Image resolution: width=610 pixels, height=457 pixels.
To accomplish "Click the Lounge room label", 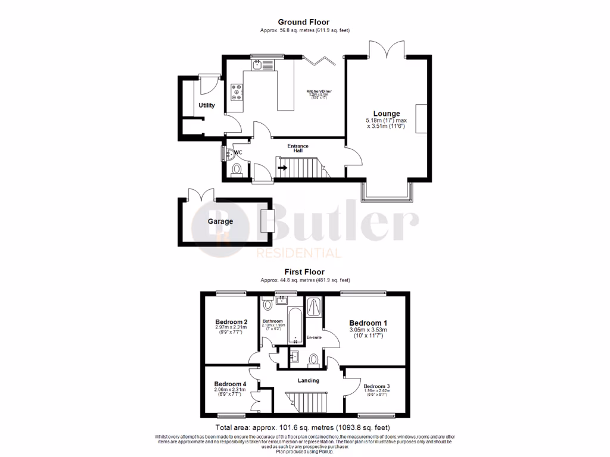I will [387, 114].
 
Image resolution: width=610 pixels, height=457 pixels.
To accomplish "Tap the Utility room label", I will [207, 105].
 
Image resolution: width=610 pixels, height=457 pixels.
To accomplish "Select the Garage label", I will [220, 221].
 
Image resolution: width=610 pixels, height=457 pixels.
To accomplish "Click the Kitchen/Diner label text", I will [319, 92].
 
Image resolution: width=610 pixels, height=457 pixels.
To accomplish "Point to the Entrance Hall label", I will [298, 148].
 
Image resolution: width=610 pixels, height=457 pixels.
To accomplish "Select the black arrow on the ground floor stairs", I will [282, 167].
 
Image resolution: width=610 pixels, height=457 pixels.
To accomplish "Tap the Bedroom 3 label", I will [378, 386].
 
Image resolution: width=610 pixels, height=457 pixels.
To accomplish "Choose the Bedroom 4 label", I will [230, 384].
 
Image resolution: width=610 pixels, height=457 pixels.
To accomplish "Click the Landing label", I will [308, 380].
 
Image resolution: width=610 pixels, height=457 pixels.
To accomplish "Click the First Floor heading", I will [304, 271].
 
